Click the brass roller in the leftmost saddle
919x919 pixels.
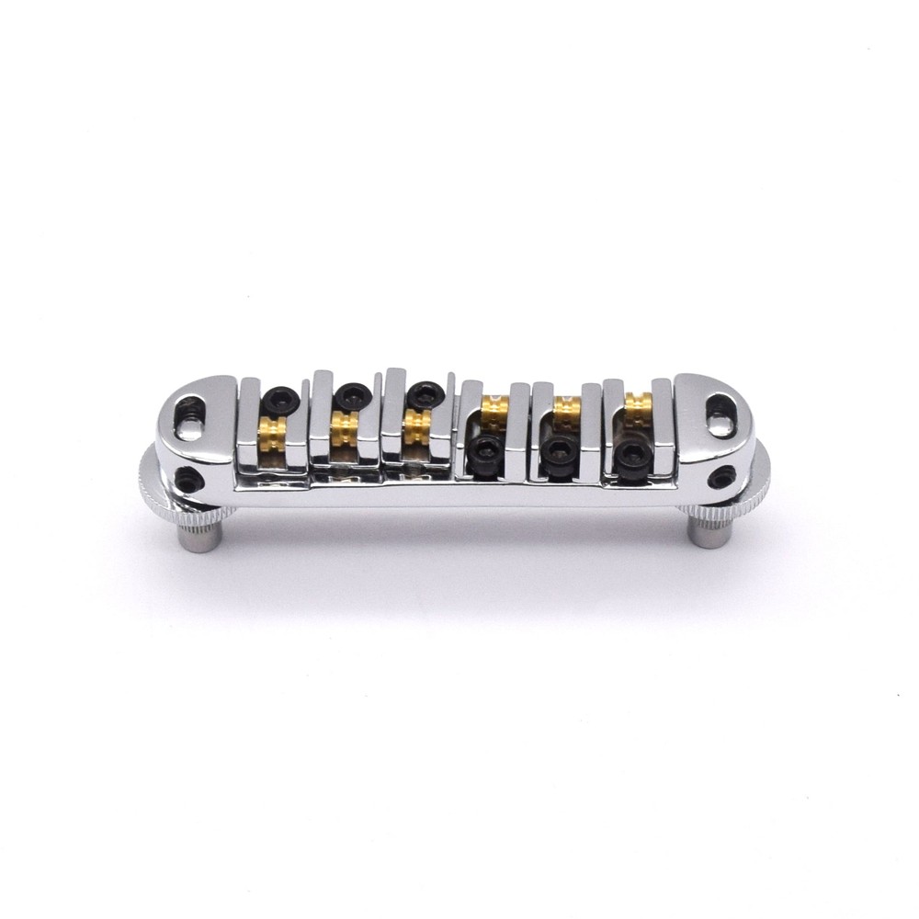coord(273,427)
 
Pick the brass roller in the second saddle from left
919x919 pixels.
coord(345,426)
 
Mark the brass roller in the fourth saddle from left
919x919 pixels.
coord(494,406)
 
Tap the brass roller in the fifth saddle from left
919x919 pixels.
coord(566,405)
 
